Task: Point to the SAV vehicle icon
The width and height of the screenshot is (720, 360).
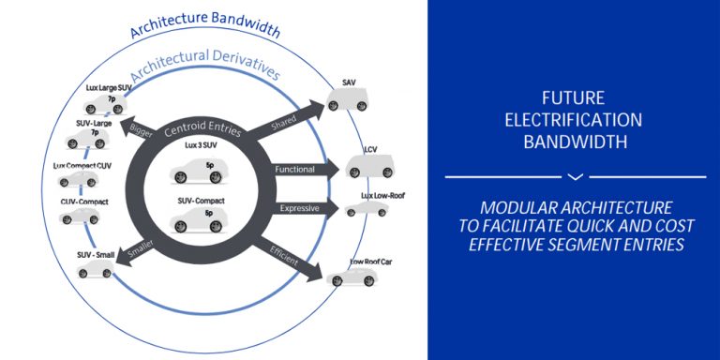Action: pyautogui.click(x=352, y=98)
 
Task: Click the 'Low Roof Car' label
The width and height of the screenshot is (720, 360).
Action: pyautogui.click(x=371, y=262)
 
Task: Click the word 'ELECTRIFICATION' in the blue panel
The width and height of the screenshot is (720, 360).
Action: pyautogui.click(x=574, y=120)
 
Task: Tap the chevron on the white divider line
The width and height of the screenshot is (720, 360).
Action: pyautogui.click(x=576, y=176)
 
